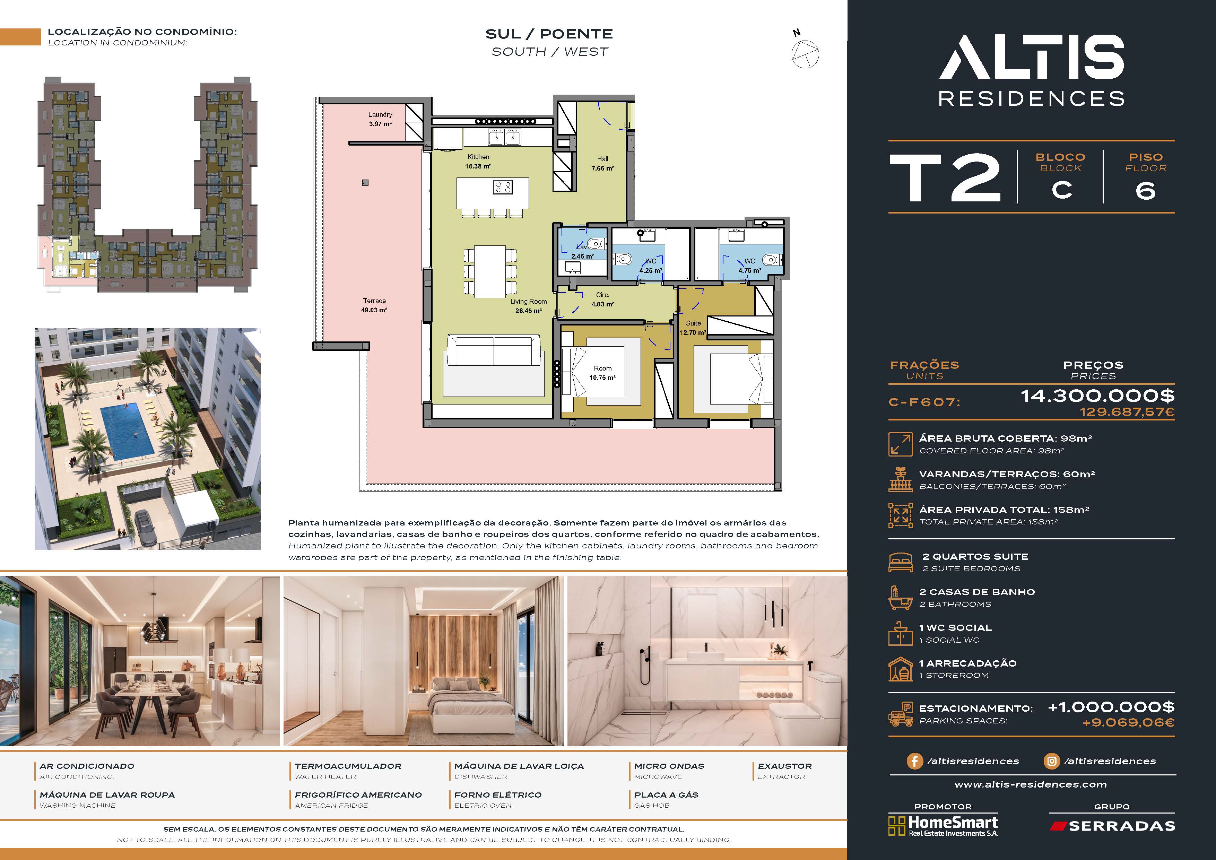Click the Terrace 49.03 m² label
(x=374, y=305)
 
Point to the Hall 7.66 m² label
(x=603, y=164)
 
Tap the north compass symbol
(x=805, y=51)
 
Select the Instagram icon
(x=1051, y=761)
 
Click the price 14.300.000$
(x=1097, y=396)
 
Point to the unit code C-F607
(x=924, y=402)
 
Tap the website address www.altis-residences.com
(x=1031, y=784)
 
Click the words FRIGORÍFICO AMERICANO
(x=358, y=795)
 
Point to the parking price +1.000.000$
(x=1111, y=707)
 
